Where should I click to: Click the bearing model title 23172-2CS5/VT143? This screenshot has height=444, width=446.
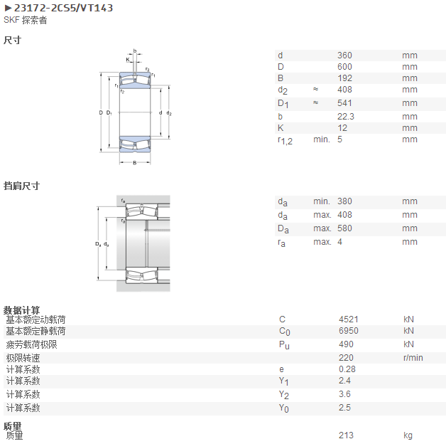[63, 8]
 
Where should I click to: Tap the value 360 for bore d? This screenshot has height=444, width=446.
[344, 55]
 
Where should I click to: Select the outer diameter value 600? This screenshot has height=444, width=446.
[344, 67]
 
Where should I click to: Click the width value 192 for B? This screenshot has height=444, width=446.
[344, 78]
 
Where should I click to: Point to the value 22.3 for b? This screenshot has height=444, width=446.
[346, 117]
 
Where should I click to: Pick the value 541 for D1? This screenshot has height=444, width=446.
[344, 103]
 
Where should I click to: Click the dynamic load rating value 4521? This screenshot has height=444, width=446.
[349, 319]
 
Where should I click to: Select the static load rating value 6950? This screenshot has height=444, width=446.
[349, 331]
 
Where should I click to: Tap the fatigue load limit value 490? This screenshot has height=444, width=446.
[346, 344]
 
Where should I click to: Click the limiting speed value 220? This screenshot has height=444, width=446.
[346, 358]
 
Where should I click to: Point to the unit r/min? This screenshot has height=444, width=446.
[413, 358]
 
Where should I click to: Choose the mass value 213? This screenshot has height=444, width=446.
[346, 435]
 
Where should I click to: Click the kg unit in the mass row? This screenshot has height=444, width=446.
[408, 435]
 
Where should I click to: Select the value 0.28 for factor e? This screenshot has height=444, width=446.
[347, 369]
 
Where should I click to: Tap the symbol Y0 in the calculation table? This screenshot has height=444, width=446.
[283, 408]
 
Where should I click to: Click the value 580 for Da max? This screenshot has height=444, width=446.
[344, 228]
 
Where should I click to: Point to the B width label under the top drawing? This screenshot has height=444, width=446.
[134, 163]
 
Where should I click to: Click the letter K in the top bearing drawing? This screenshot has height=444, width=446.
[128, 60]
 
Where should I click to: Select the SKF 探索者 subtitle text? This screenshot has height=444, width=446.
[26, 20]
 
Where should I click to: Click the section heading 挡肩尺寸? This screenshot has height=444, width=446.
[21, 186]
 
